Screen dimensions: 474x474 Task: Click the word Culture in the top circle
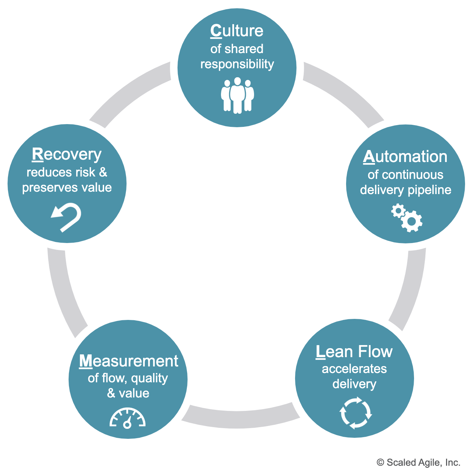click(237, 31)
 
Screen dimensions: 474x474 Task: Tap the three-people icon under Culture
click(237, 95)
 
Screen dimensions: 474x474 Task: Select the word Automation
click(405, 157)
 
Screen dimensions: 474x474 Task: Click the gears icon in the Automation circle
click(407, 218)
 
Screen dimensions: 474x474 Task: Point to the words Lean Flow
click(354, 352)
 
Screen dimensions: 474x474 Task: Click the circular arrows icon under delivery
click(355, 413)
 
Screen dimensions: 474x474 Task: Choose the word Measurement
click(129, 361)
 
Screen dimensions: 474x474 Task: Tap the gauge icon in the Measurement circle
click(128, 418)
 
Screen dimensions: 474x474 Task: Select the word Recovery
click(67, 154)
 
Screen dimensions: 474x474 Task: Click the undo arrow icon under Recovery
click(67, 217)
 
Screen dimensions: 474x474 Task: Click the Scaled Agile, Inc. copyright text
click(418, 463)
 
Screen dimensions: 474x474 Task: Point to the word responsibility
click(237, 64)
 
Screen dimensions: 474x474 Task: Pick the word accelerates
click(354, 369)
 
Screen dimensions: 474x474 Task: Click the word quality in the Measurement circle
click(150, 379)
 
